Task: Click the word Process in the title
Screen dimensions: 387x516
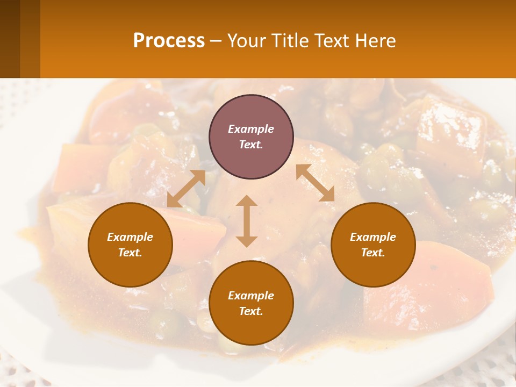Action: click(x=169, y=41)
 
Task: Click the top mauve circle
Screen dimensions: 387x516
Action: click(x=251, y=137)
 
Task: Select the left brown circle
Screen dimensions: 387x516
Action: click(x=130, y=245)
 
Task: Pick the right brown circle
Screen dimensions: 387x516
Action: click(x=373, y=245)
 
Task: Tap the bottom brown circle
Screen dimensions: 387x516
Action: click(x=251, y=303)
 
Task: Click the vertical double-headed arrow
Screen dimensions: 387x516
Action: click(x=247, y=221)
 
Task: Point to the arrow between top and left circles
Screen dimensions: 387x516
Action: click(x=187, y=189)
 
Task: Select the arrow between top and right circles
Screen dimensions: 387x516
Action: click(x=315, y=183)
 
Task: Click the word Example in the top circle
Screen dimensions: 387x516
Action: click(x=251, y=129)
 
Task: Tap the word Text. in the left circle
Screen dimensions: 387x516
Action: click(x=130, y=253)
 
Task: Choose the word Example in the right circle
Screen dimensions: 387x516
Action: click(x=373, y=237)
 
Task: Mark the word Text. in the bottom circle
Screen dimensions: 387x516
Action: click(x=251, y=311)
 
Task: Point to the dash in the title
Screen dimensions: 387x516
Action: click(x=216, y=41)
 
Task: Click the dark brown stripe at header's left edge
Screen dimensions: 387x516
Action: click(x=10, y=39)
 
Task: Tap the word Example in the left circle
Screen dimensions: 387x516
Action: click(x=130, y=237)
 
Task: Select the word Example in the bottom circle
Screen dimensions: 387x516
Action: click(x=251, y=296)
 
